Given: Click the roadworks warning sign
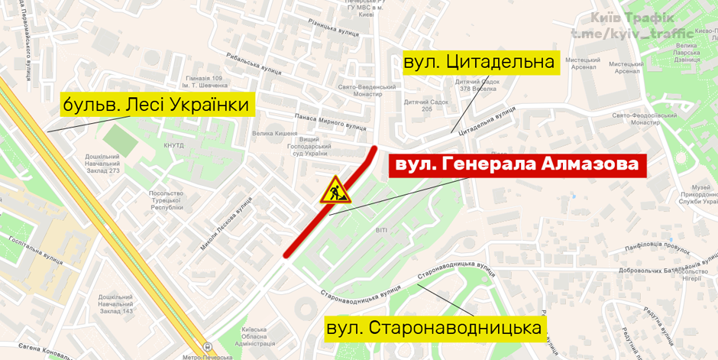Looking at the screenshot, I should (334, 190).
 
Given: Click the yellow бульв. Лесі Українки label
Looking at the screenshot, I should (157, 104).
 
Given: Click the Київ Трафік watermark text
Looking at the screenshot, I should (632, 18).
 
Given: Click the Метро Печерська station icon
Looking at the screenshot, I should (208, 348).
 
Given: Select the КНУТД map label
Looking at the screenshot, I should (174, 144).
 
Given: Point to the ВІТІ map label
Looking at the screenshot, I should (382, 230).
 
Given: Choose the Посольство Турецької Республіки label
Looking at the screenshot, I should (167, 200).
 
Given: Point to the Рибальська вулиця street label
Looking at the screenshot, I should (254, 63).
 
